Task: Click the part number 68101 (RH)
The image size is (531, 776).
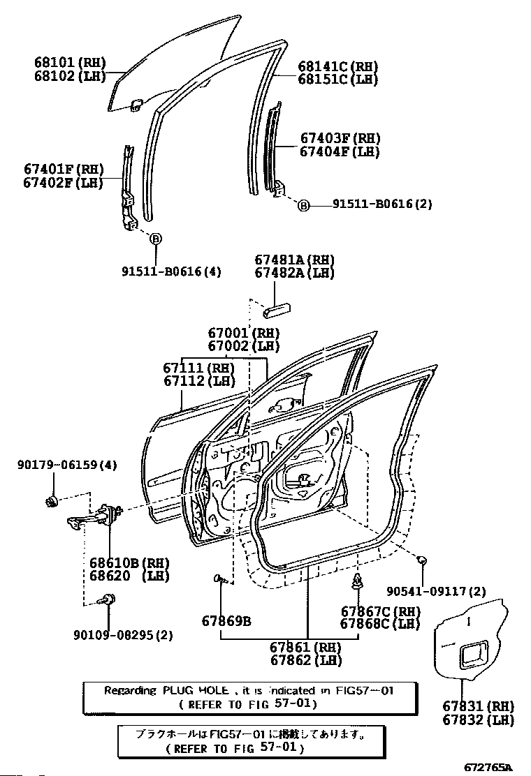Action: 70,62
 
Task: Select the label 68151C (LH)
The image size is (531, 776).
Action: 338,79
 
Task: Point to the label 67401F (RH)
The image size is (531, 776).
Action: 64,170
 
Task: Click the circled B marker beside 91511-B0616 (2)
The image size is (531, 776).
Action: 303,205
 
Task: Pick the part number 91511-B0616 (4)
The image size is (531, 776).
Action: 171,271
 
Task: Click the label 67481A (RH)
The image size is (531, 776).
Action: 294,260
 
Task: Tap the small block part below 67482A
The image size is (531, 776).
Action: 277,311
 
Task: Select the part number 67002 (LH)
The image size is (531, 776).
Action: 244,346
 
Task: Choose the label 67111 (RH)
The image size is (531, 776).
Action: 198,368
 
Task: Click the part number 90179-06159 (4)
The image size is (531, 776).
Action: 67,465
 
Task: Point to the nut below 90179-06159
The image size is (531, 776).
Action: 52,502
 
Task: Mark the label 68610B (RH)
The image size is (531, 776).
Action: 129,563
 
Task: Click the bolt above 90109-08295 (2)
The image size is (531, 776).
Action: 108,599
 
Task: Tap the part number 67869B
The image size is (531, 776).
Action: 226,620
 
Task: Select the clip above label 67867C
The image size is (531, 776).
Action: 357,583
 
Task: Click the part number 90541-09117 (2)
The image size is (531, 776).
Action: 437,591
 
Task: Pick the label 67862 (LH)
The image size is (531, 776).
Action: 305,659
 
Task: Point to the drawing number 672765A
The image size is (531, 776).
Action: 488,768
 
